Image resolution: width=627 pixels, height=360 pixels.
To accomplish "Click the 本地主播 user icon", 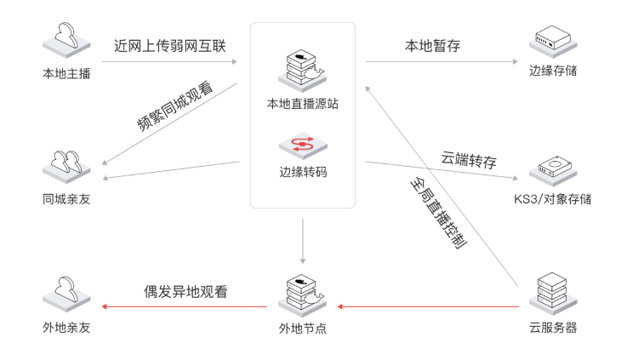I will [66, 38].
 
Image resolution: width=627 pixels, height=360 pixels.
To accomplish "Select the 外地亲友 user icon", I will [66, 294].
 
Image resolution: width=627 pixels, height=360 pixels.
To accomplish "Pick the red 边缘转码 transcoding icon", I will [302, 144].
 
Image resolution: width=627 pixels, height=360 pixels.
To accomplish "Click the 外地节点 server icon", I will [302, 294].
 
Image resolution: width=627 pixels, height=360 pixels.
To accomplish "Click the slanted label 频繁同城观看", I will [175, 106].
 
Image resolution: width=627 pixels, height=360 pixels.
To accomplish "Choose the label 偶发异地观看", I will [185, 291].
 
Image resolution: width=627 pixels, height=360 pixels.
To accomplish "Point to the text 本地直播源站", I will [302, 105].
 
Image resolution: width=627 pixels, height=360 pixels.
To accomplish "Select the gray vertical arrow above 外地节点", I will [303, 242].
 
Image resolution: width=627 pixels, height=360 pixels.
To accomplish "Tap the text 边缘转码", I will [303, 171].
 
